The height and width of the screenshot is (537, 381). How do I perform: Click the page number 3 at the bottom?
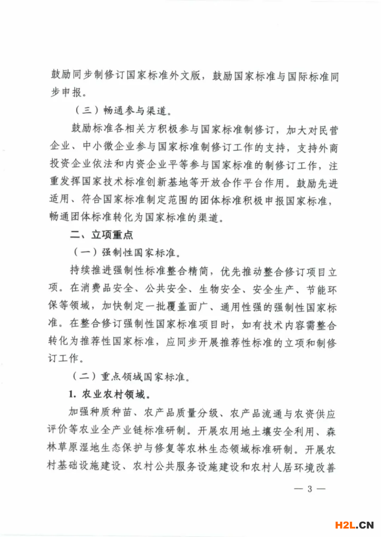pos(310,489)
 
